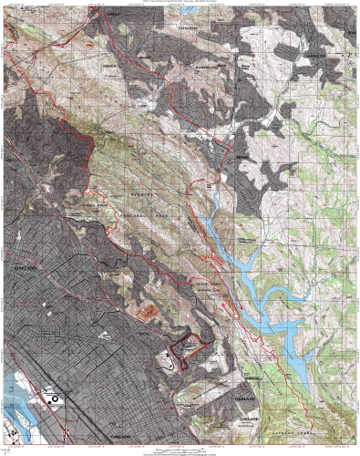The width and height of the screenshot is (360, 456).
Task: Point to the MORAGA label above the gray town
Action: point(242,157)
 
